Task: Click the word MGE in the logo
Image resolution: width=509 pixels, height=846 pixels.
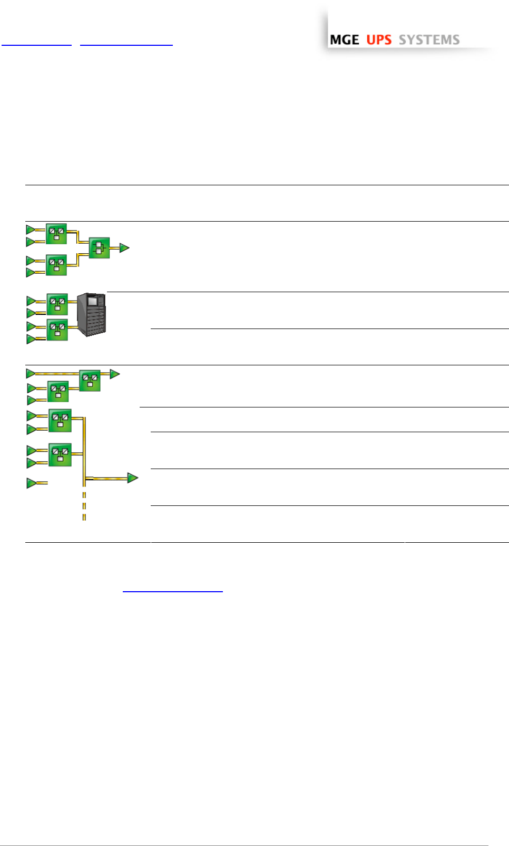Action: click(x=344, y=39)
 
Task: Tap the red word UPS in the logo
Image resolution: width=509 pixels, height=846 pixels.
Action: click(x=379, y=39)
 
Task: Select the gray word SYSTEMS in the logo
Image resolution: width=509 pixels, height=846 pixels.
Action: click(x=429, y=39)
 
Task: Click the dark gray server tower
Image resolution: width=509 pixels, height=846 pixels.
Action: click(x=91, y=314)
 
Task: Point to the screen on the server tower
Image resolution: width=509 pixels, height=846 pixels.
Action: click(x=93, y=301)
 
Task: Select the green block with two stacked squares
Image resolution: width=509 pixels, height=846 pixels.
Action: click(x=100, y=248)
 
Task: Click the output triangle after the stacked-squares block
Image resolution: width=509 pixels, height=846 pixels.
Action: click(x=124, y=248)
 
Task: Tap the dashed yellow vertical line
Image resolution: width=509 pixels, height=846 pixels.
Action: click(x=84, y=506)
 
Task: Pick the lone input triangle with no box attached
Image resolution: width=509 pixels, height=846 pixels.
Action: click(x=32, y=483)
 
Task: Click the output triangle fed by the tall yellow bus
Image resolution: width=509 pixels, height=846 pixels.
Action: click(x=133, y=478)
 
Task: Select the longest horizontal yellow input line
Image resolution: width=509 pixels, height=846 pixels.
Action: click(x=57, y=374)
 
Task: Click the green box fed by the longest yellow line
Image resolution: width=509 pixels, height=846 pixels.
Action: click(x=90, y=381)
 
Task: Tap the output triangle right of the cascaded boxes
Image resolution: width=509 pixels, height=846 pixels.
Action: click(x=115, y=374)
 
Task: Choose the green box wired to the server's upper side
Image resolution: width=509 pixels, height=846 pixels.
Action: click(x=57, y=304)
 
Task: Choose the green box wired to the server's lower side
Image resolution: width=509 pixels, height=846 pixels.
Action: click(x=57, y=330)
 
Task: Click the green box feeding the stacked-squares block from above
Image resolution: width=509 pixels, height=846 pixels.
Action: click(x=56, y=234)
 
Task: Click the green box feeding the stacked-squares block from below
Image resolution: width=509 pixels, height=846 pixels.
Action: click(x=56, y=265)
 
